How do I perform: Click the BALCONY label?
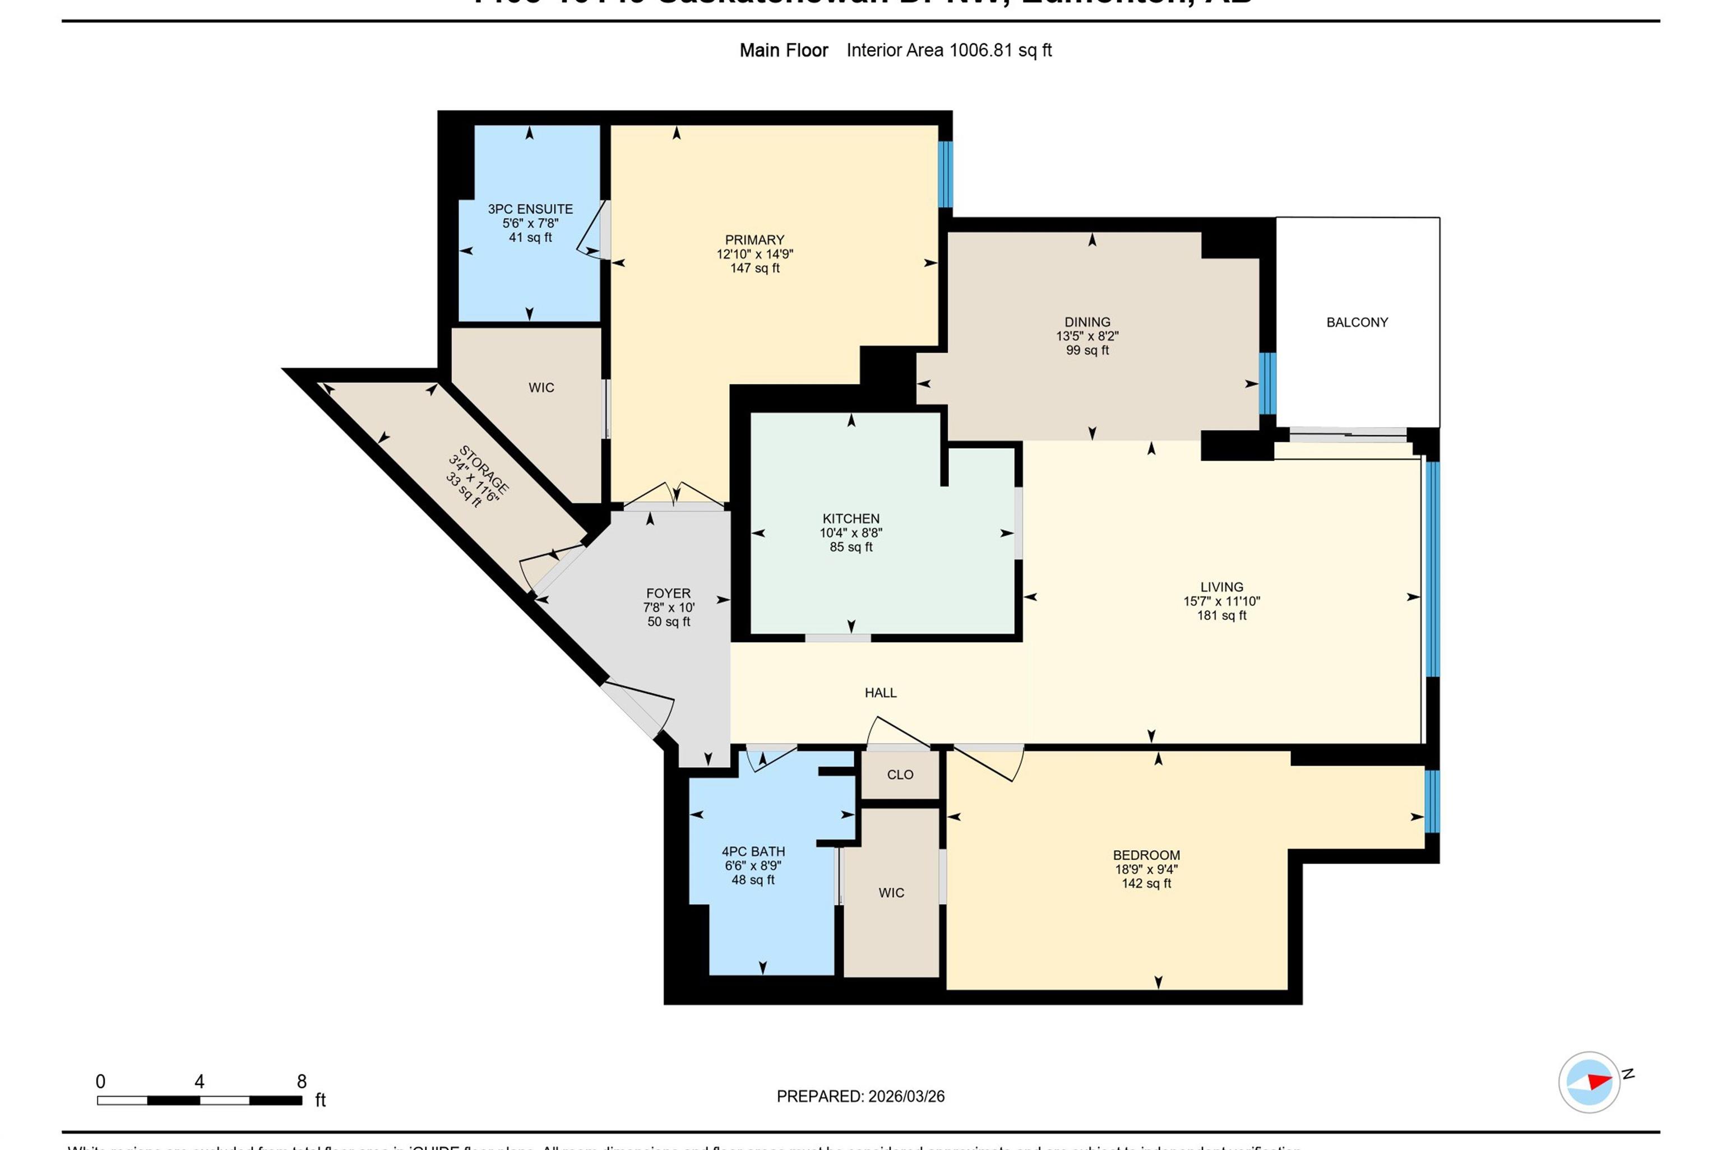tap(1357, 322)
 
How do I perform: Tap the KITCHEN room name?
tap(851, 518)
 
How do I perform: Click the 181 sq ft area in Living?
tap(1222, 615)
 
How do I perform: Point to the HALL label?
tap(880, 692)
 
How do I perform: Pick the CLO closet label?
tap(900, 775)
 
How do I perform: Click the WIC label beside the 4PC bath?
tap(891, 893)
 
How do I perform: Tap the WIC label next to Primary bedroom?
tap(541, 387)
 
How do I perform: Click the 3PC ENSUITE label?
tap(530, 209)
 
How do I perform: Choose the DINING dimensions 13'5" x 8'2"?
tap(1087, 336)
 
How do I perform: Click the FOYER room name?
tap(668, 593)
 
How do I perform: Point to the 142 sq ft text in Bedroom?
tap(1146, 883)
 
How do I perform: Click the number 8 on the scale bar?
tap(302, 1081)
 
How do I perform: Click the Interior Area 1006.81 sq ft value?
tap(949, 50)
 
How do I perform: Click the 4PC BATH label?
tap(753, 851)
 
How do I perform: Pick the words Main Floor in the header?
tap(783, 50)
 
